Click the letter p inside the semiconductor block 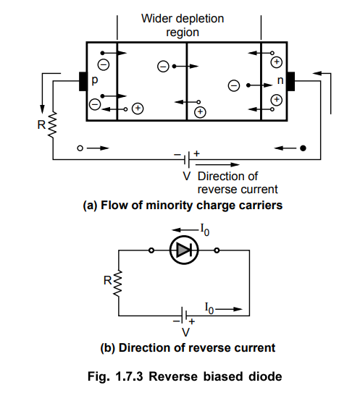tap(95, 81)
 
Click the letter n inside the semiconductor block tap(280, 80)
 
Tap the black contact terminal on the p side tap(83, 81)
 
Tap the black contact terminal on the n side tap(290, 81)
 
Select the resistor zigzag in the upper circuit tap(53, 124)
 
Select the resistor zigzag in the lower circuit tap(118, 283)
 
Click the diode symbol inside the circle tap(184, 250)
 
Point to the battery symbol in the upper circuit tap(187, 159)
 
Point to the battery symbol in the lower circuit tap(185, 315)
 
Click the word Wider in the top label tap(156, 19)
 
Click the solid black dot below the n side tap(303, 148)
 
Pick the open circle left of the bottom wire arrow tap(80, 148)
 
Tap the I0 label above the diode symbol tap(204, 229)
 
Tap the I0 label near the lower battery tap(209, 308)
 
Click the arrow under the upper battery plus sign tap(217, 165)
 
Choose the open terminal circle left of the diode tap(151, 250)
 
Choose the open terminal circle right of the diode tap(217, 250)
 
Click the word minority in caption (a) tap(169, 206)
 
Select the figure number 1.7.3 tap(129, 376)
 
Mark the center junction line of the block tap(187, 82)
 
